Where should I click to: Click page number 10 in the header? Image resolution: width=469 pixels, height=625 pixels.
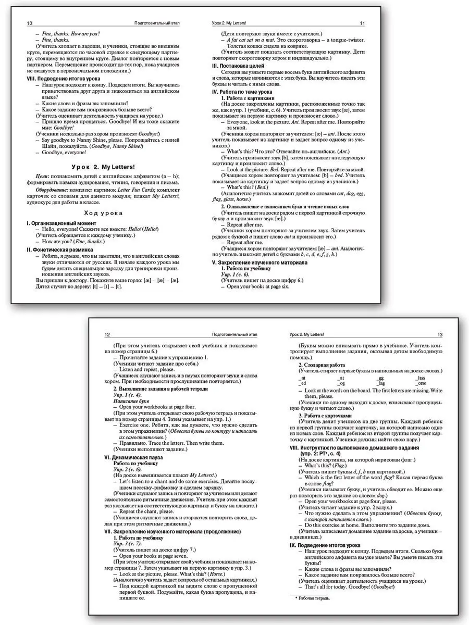click(29, 24)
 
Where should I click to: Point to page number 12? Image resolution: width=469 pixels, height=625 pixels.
click(107, 334)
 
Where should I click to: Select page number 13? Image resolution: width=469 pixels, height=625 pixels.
click(439, 334)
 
